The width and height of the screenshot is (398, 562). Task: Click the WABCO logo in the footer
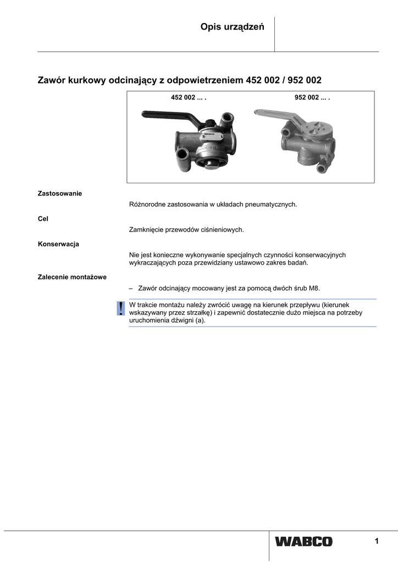[304, 542]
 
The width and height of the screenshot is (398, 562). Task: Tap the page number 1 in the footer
[377, 542]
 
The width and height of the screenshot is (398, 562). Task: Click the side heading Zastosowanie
[59, 194]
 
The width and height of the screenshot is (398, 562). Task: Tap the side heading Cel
[43, 218]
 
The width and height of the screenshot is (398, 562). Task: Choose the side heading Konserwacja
[58, 244]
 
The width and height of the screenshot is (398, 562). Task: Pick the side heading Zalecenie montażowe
[72, 277]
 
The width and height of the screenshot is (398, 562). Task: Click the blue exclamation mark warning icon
[120, 308]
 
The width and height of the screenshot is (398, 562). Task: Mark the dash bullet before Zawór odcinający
[131, 288]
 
